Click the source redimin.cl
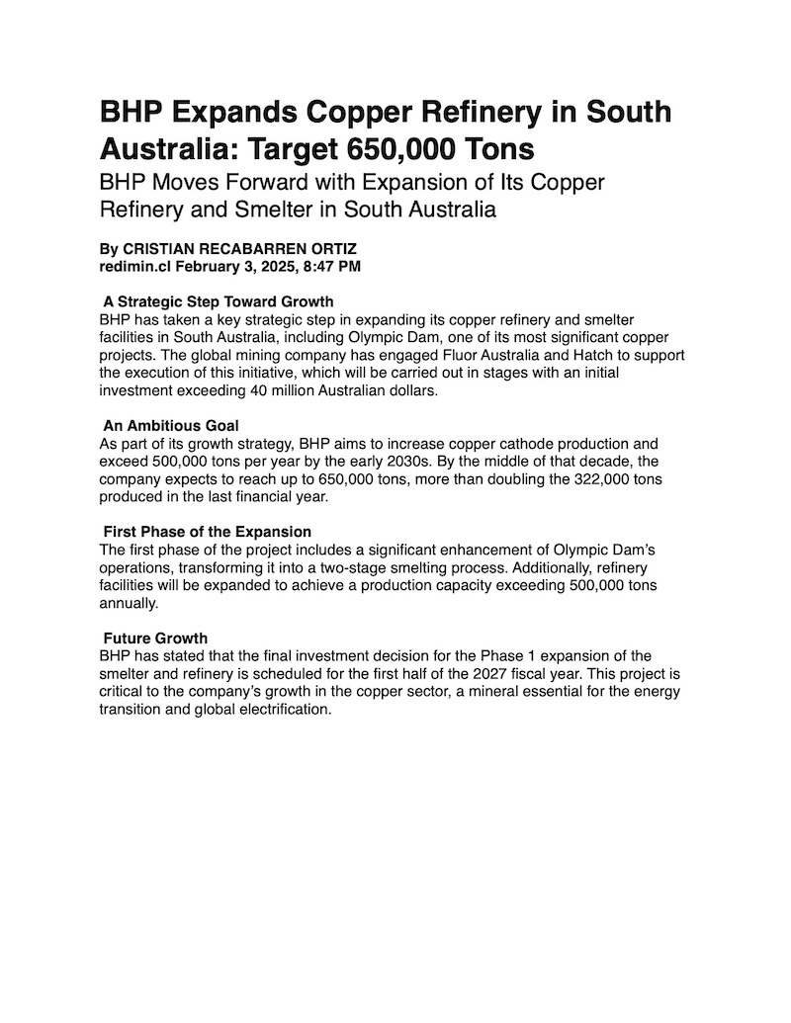pyautogui.click(x=135, y=267)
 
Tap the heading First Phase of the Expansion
pyautogui.click(x=208, y=532)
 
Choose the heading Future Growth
pyautogui.click(x=155, y=639)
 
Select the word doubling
pyautogui.click(x=511, y=478)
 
